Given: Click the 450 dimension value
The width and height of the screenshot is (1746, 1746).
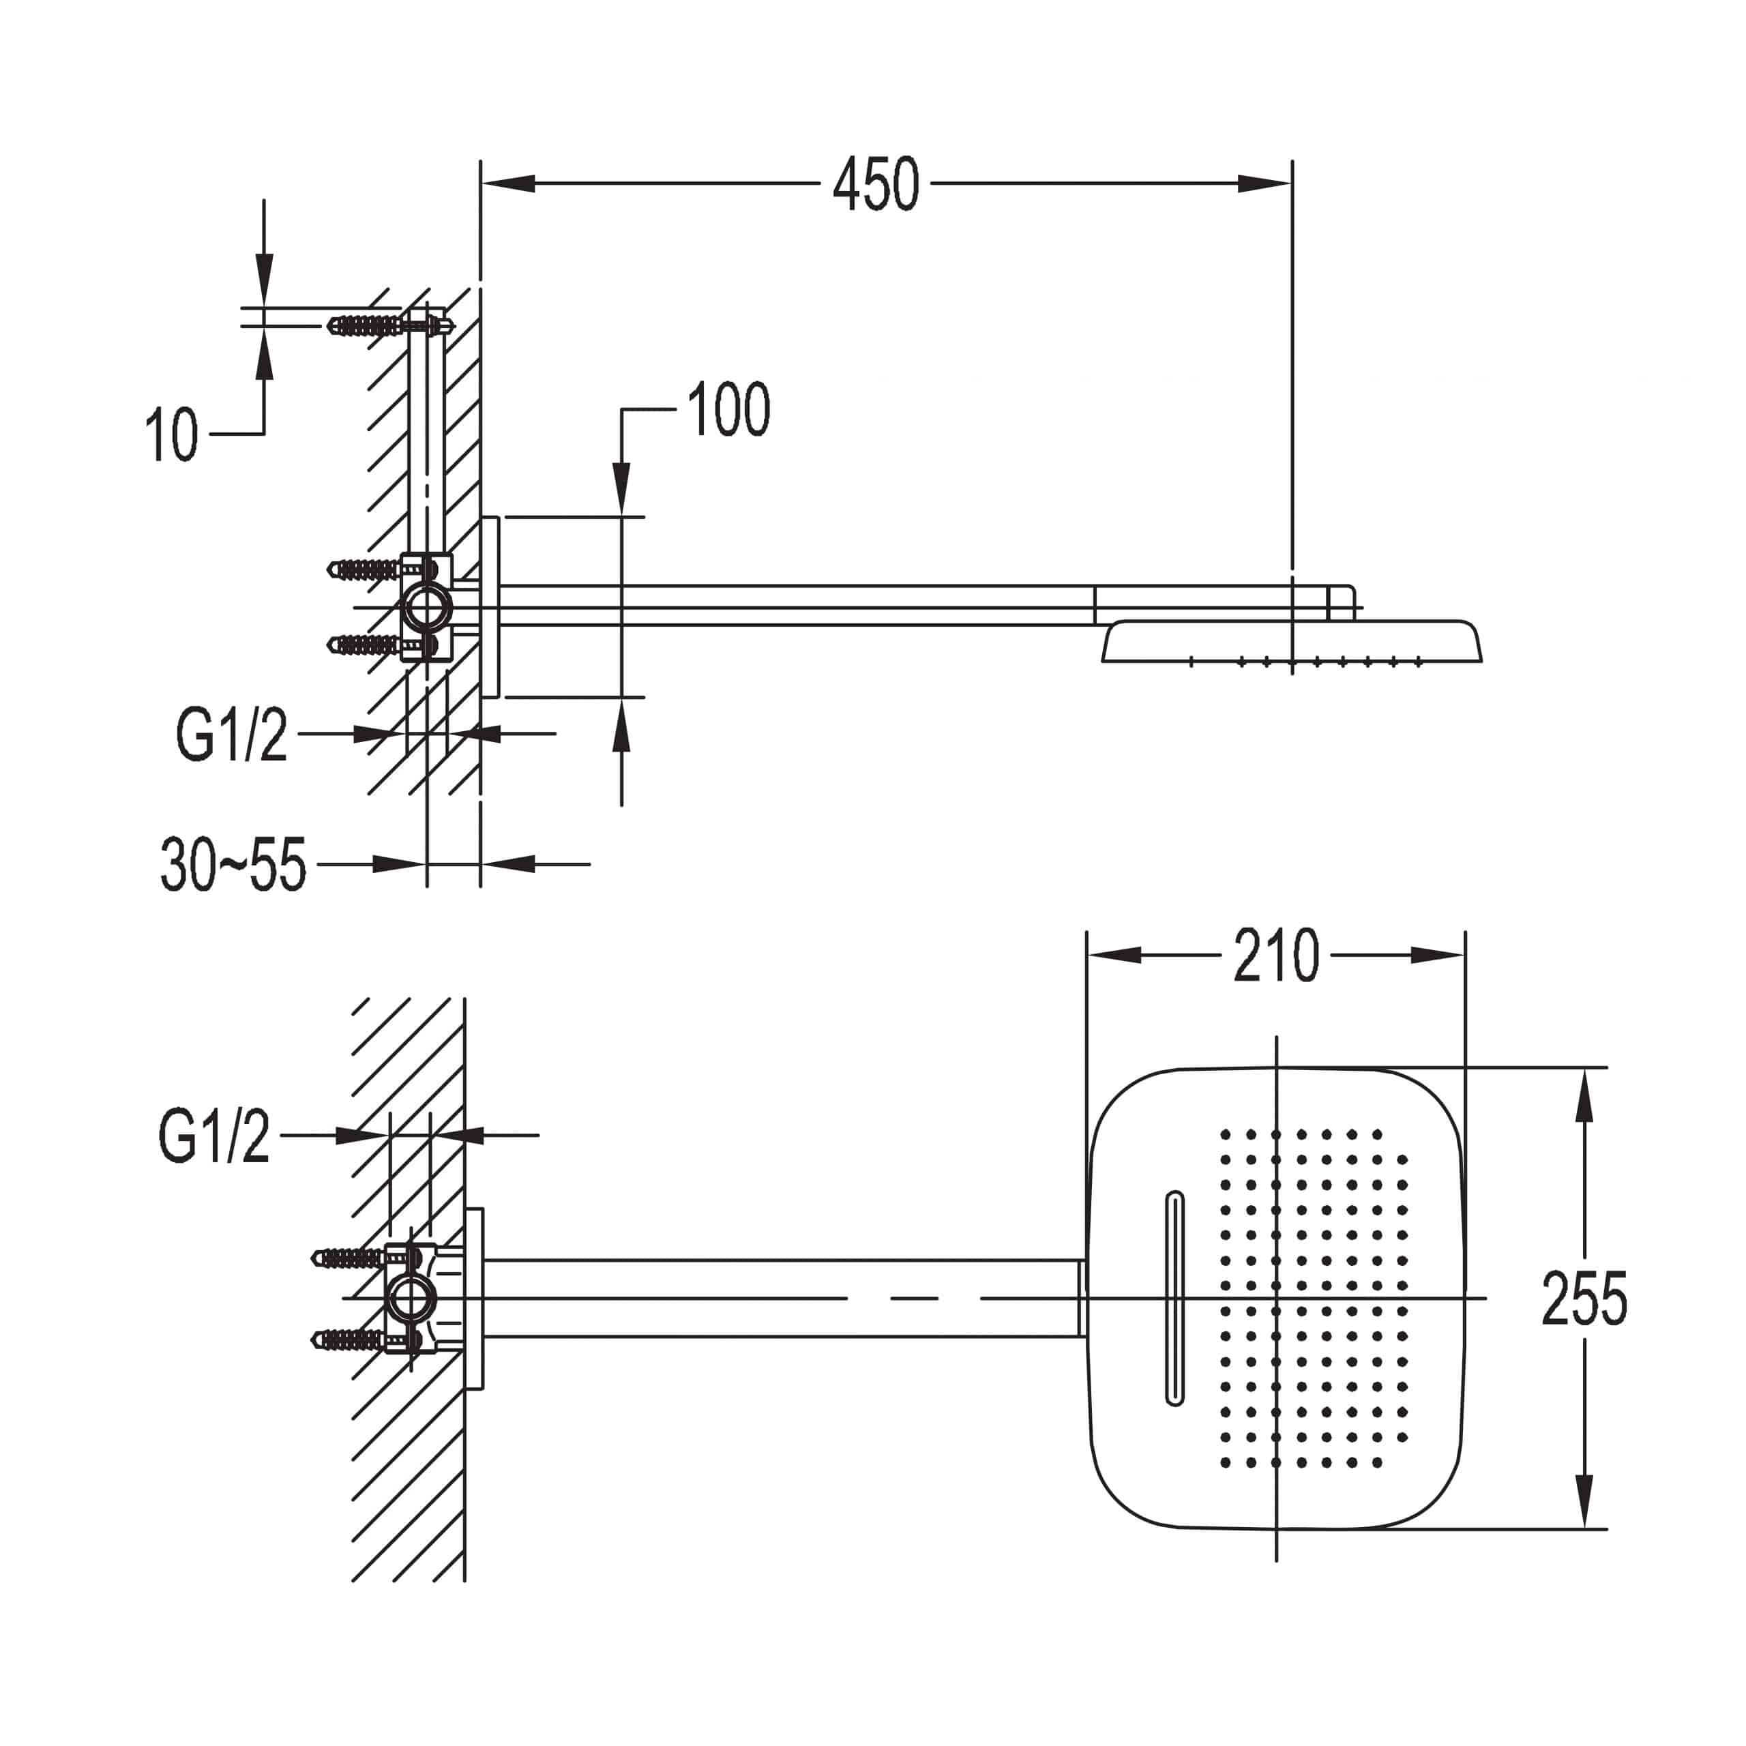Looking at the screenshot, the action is (x=876, y=184).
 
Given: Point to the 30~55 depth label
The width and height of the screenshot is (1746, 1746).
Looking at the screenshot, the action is (x=234, y=865).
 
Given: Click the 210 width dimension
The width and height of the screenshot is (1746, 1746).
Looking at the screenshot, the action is (x=1276, y=956).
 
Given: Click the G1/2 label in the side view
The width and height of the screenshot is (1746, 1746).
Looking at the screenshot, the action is (x=231, y=735).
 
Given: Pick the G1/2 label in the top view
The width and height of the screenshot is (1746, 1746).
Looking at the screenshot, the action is (x=214, y=1136).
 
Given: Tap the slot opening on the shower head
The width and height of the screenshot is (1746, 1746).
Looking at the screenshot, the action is (x=1175, y=1299).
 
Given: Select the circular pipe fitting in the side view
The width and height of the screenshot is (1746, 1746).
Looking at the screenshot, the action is (x=426, y=606).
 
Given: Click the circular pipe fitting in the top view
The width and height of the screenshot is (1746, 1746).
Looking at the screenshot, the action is (x=411, y=1299).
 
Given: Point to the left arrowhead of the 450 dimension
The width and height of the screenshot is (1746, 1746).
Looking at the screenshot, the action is (x=508, y=183).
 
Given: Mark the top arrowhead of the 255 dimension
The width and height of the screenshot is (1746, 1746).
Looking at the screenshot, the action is (x=1583, y=1096).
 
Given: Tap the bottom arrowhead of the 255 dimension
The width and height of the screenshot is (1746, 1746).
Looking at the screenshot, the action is (x=1583, y=1501).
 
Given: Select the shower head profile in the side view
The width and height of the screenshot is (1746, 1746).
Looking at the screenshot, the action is (x=1292, y=642).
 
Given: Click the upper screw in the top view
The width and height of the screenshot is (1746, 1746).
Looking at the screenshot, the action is (x=366, y=1257).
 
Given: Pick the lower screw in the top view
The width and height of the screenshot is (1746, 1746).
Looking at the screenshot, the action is (x=366, y=1338).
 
